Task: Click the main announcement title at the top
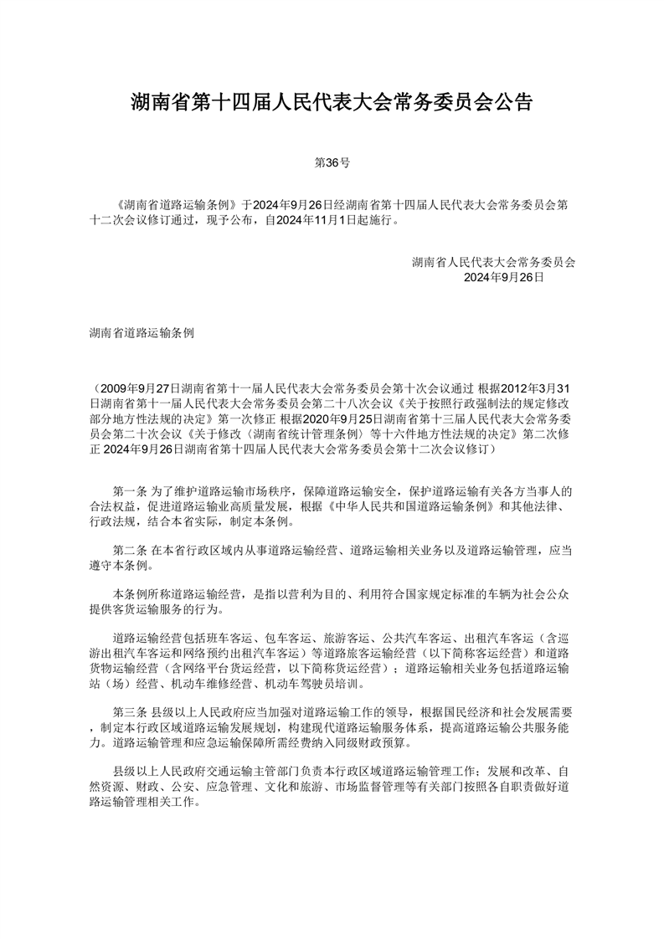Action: [x=332, y=103]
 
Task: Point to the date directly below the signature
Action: [x=504, y=276]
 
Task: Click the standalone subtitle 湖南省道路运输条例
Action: [x=142, y=332]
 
